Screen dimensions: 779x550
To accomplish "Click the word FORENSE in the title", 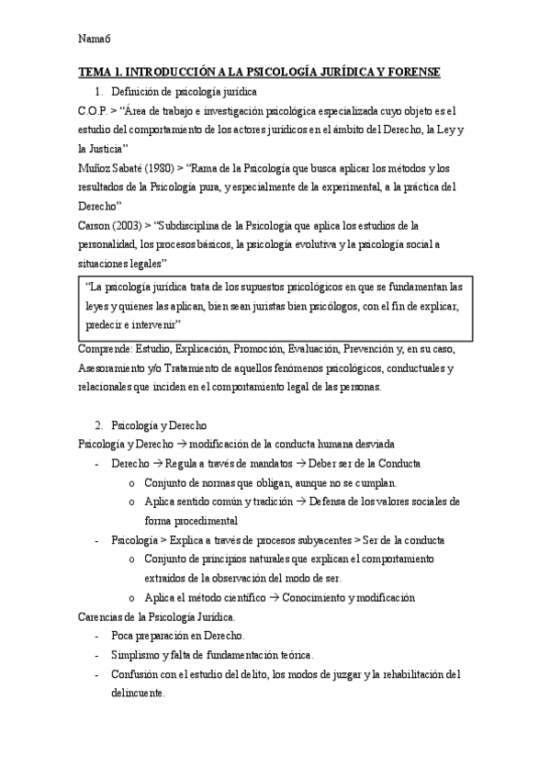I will coord(411,72).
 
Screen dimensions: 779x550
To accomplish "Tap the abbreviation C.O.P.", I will coord(94,110).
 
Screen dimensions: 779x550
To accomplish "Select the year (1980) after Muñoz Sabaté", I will coord(150,168).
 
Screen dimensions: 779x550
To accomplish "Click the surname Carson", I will coord(95,225).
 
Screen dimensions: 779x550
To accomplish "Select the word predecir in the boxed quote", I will coord(106,325).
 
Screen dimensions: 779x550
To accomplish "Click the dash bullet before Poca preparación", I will coord(97,636).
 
